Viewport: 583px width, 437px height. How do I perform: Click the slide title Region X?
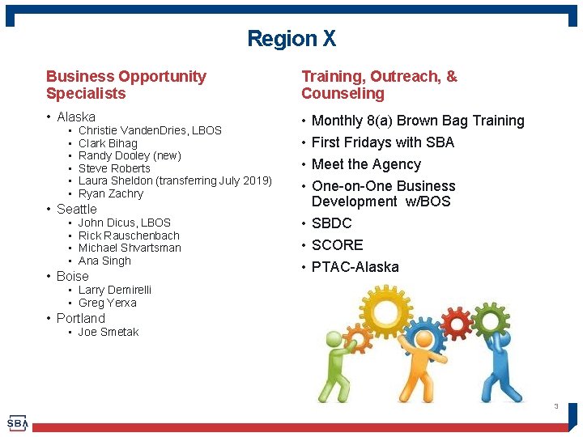[x=291, y=39]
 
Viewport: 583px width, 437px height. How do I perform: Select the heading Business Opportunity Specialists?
[x=126, y=85]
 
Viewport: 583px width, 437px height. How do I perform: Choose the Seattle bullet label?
[x=76, y=209]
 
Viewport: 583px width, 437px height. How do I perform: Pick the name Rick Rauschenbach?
[x=129, y=235]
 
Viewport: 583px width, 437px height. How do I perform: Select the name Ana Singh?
[x=104, y=261]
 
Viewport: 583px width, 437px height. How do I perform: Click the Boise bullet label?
[x=73, y=276]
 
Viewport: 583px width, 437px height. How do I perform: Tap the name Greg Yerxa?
[x=108, y=303]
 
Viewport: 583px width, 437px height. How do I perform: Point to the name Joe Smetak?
[x=109, y=332]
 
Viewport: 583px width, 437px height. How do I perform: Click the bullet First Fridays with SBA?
[x=383, y=142]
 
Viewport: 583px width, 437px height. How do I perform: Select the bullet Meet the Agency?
[x=366, y=164]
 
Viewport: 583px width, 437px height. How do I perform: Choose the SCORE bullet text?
[x=337, y=245]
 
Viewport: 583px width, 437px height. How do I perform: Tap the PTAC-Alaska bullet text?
[x=355, y=267]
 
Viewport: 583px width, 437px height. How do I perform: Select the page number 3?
[x=556, y=406]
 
